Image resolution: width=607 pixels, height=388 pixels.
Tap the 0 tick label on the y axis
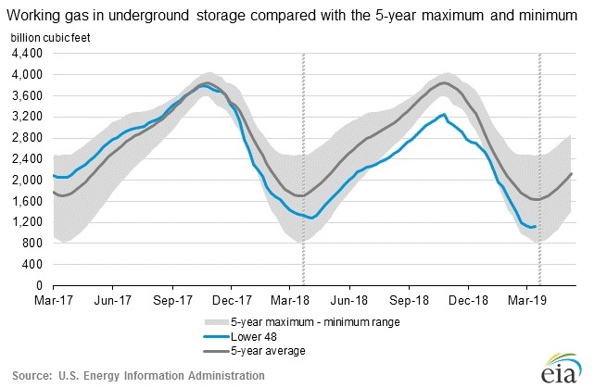pyautogui.click(x=39, y=287)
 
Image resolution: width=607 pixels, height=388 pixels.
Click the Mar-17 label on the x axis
pyautogui.click(x=53, y=301)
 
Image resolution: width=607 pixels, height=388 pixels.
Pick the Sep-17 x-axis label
pyautogui.click(x=171, y=301)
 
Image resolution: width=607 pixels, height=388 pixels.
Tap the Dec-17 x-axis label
pyautogui.click(x=231, y=301)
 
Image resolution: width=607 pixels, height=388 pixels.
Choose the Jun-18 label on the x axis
pyautogui.click(x=349, y=301)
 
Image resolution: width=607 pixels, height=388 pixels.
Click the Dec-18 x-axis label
pyautogui.click(x=468, y=301)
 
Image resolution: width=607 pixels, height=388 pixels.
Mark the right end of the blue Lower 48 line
pyautogui.click(x=536, y=226)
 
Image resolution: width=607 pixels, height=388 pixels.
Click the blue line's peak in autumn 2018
pyautogui.click(x=444, y=114)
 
